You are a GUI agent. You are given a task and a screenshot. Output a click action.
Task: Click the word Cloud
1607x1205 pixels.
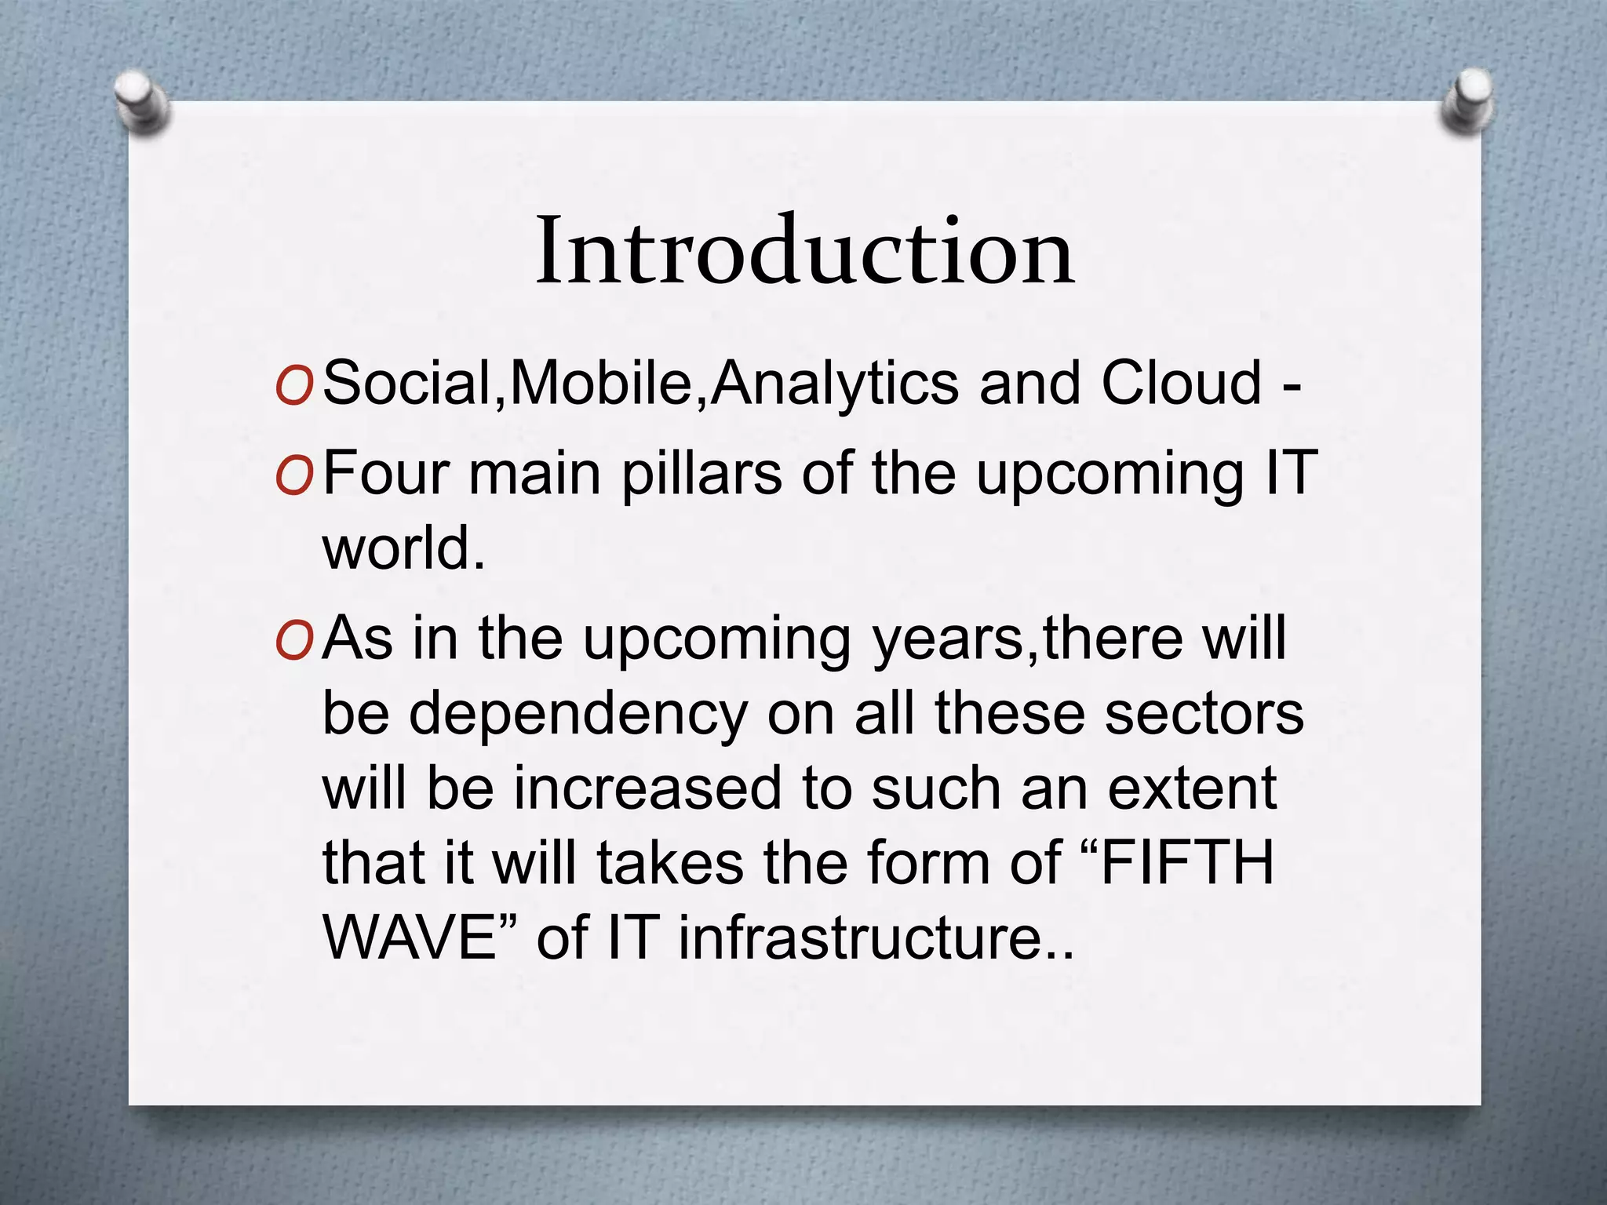coord(1181,384)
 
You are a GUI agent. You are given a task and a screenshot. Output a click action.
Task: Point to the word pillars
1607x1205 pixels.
coord(701,475)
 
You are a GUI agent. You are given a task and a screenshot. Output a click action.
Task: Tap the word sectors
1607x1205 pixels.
coord(1204,714)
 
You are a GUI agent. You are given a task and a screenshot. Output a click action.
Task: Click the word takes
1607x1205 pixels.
coord(669,863)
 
